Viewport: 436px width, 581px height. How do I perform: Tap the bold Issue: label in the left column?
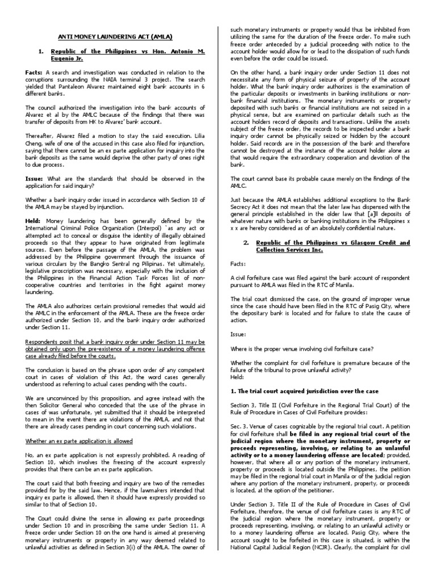pyautogui.click(x=35, y=178)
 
